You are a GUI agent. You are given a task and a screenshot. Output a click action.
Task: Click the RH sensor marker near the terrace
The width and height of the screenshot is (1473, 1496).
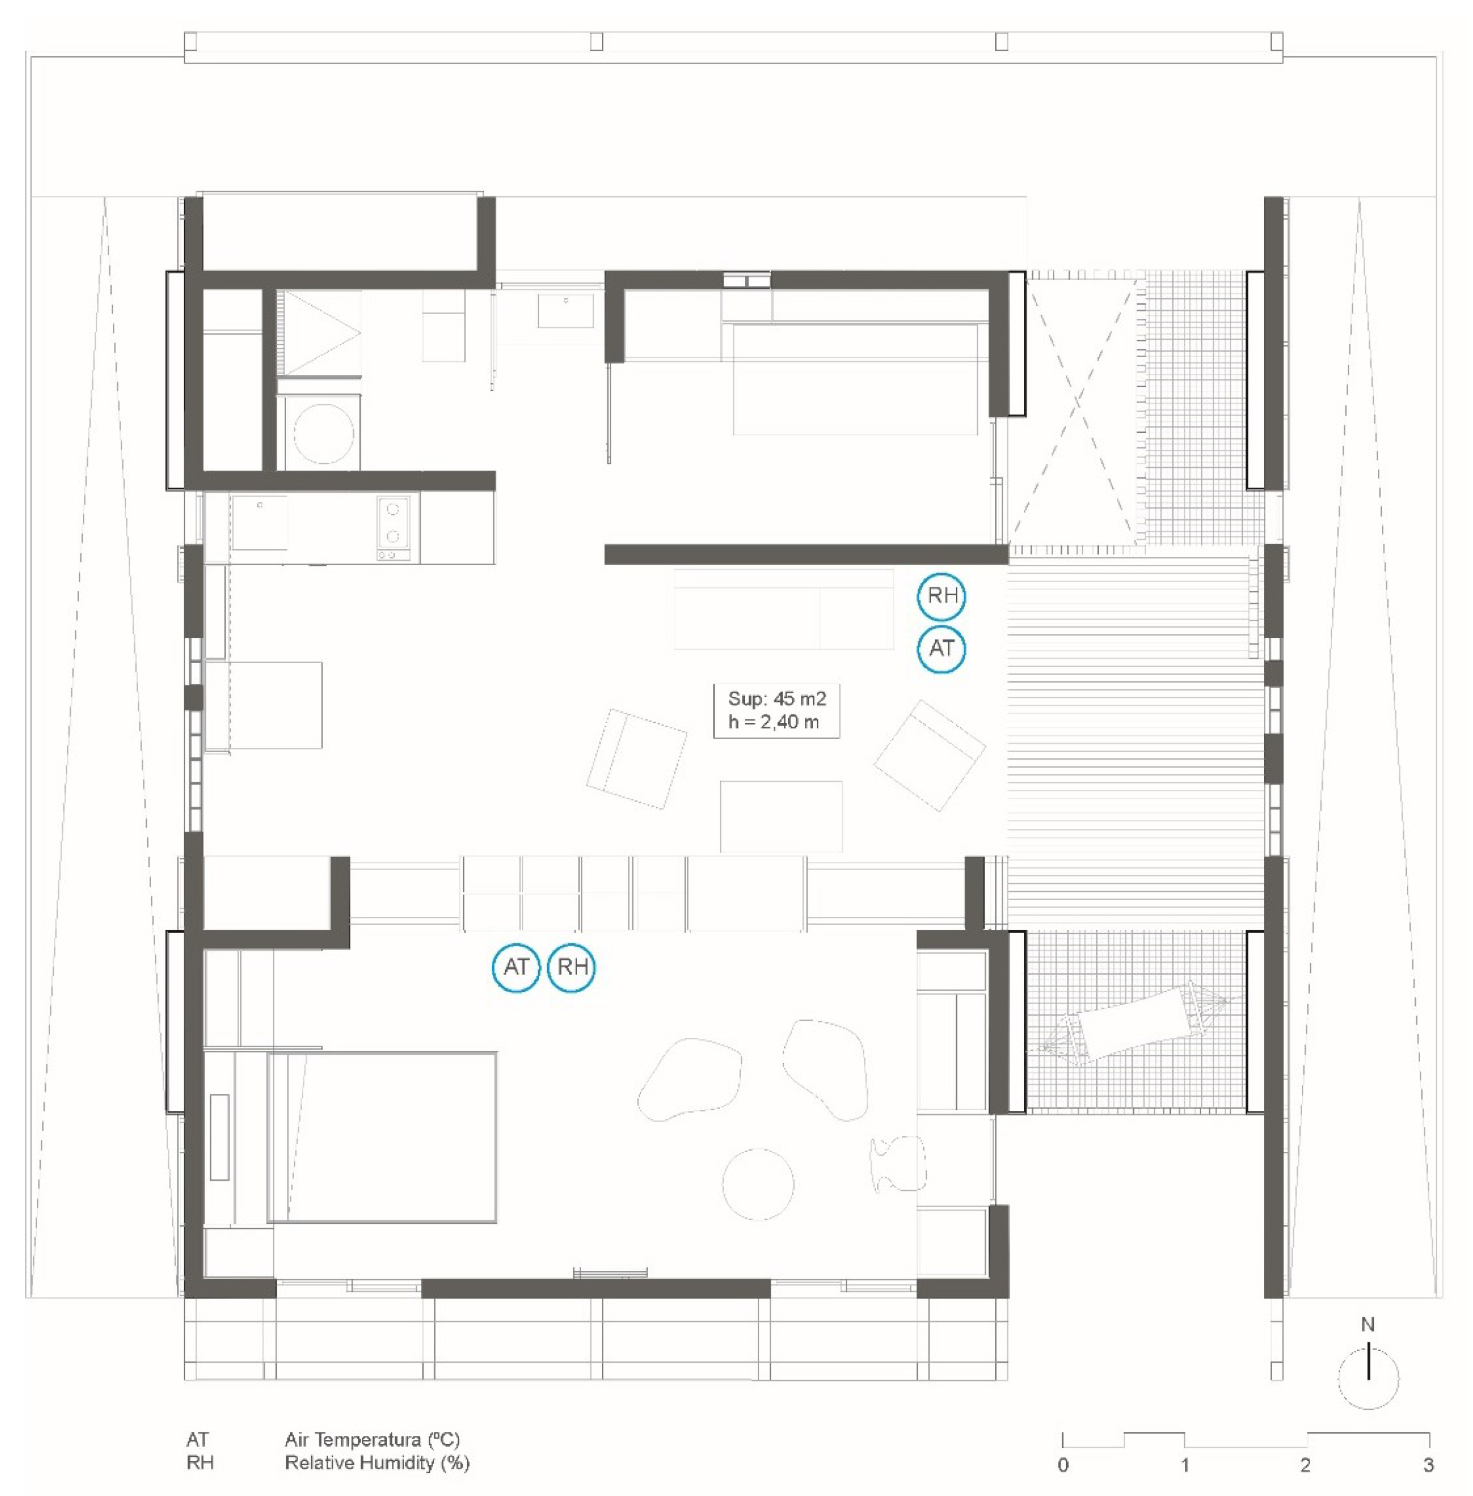tap(941, 596)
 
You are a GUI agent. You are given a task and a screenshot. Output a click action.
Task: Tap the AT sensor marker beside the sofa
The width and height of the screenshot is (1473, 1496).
tap(941, 649)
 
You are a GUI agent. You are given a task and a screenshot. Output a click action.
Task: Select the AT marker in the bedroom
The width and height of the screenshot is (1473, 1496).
tap(516, 966)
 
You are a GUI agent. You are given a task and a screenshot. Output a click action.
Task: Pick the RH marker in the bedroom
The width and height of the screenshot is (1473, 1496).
tap(572, 966)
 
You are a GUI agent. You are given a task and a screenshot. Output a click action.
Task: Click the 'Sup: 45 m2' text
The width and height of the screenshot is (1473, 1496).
tap(777, 699)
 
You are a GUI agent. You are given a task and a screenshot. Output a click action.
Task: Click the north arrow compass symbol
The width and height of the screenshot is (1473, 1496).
tap(1368, 1379)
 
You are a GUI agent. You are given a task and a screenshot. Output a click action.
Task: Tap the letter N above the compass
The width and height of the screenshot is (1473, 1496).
tap(1368, 1326)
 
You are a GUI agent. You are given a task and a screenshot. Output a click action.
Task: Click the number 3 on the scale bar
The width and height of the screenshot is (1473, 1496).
tap(1428, 1464)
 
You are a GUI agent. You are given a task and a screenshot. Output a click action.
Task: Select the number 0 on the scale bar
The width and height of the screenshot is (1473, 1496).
tap(1063, 1464)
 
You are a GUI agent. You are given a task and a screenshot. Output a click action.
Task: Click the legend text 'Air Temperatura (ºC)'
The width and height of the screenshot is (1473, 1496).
tap(372, 1440)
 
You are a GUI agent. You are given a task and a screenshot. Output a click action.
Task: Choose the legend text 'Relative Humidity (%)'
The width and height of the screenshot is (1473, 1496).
tap(377, 1463)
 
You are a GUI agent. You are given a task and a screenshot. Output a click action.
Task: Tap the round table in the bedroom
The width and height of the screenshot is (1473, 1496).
tap(758, 1184)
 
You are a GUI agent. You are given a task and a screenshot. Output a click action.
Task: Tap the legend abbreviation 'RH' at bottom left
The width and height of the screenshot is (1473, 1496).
tap(200, 1463)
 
